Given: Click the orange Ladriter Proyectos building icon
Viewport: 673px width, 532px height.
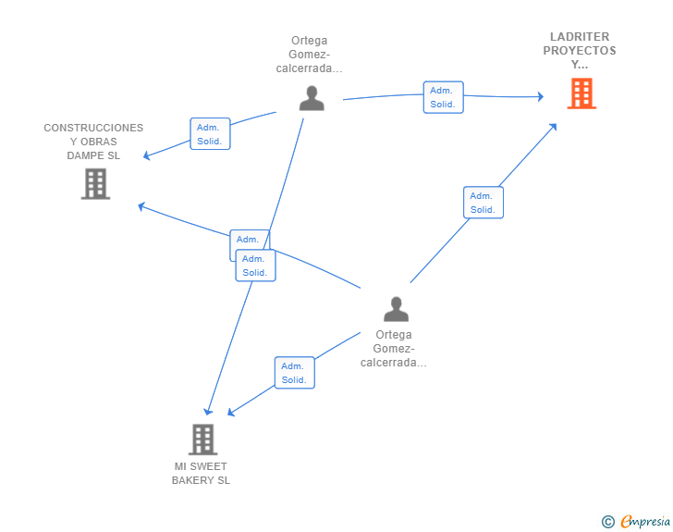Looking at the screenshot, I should pyautogui.click(x=581, y=93).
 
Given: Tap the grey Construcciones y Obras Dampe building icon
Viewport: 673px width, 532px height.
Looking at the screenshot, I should pyautogui.click(x=95, y=183).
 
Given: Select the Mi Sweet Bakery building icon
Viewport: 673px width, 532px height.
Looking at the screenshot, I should pyautogui.click(x=202, y=439).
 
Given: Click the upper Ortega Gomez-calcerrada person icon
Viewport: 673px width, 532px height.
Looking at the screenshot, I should pyautogui.click(x=312, y=98).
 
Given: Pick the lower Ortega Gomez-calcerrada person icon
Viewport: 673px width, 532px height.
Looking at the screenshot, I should pyautogui.click(x=396, y=309).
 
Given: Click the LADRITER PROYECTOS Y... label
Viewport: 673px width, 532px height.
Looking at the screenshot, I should pyautogui.click(x=581, y=51).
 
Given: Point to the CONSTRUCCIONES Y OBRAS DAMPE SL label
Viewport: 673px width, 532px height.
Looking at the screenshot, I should pyautogui.click(x=93, y=142).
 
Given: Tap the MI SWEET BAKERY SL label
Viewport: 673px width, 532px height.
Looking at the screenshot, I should pyautogui.click(x=201, y=474).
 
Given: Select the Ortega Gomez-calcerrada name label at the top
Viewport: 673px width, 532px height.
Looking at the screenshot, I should pyautogui.click(x=310, y=55).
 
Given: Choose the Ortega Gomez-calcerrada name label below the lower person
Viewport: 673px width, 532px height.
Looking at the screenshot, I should pyautogui.click(x=394, y=349).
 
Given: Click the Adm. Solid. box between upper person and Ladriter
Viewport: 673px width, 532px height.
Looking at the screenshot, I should pyautogui.click(x=443, y=97).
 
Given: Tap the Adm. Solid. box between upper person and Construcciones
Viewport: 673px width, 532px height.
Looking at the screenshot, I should pyautogui.click(x=209, y=134).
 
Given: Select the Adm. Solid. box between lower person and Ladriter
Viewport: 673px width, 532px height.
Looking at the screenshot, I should pyautogui.click(x=483, y=203).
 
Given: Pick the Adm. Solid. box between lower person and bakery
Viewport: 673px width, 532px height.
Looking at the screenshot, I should pyautogui.click(x=294, y=373).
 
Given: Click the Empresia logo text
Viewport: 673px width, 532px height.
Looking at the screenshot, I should pyautogui.click(x=646, y=521).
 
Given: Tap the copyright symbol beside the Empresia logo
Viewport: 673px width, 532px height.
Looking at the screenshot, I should pyautogui.click(x=608, y=522).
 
